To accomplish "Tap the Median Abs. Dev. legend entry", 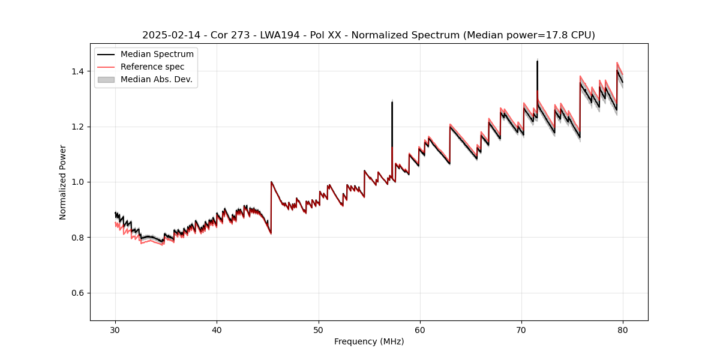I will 156,79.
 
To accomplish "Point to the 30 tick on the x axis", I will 116,329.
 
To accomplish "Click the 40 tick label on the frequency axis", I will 217,329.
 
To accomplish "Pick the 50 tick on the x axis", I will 319,329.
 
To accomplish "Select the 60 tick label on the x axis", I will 420,329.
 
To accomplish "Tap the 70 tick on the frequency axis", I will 521,329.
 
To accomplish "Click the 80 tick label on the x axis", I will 623,329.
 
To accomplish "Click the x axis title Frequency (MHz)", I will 369,341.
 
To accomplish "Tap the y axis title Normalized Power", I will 63,182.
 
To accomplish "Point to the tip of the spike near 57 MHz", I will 392,102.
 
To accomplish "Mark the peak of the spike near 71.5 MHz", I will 537,61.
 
